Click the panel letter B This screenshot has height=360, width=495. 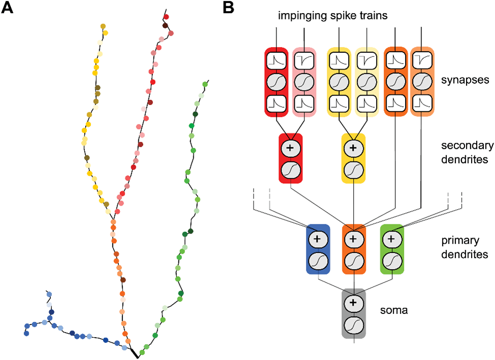tap(228, 8)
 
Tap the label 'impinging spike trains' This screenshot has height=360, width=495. tap(333, 16)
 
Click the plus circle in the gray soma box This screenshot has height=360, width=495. tap(354, 304)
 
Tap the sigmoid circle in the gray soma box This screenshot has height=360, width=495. tap(354, 323)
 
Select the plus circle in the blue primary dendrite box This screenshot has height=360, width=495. tap(318, 239)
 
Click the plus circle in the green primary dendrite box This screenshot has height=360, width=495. tap(391, 239)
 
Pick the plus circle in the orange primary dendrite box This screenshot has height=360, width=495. tap(354, 239)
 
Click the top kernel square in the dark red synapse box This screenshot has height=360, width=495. tap(276, 60)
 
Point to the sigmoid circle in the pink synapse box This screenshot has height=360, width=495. tap(304, 81)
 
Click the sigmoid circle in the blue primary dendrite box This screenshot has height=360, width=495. tap(318, 259)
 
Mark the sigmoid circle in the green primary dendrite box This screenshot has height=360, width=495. tap(391, 259)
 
